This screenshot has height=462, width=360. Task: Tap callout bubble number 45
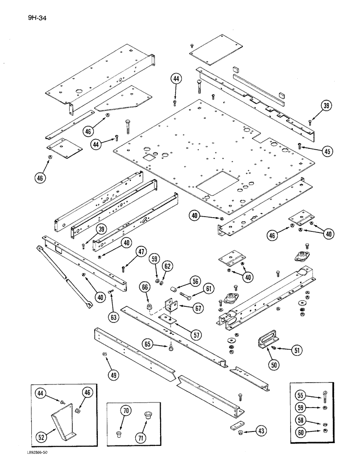(314, 151)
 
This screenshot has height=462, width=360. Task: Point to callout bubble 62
(168, 266)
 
